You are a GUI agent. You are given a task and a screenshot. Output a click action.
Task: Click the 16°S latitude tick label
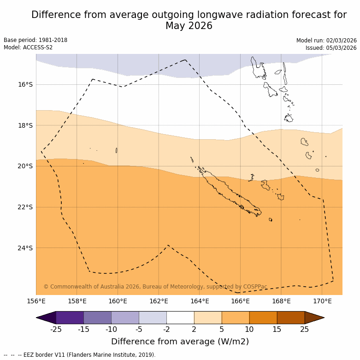click(25, 84)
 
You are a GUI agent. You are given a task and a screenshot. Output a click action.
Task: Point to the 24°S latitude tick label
click(25, 248)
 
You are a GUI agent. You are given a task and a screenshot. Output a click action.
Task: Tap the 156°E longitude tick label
click(36, 301)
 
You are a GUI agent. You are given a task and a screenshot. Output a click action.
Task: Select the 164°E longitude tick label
click(200, 301)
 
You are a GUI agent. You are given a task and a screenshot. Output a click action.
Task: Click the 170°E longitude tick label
click(322, 301)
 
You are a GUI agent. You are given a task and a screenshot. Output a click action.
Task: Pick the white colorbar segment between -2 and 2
click(180, 318)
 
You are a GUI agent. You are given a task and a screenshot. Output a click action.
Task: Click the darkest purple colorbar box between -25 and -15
click(70, 318)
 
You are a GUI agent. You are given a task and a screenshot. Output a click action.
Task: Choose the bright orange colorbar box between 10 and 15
click(263, 318)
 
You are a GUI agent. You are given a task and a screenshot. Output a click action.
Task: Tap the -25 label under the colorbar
click(56, 329)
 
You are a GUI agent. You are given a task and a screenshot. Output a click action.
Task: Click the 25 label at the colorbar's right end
click(305, 329)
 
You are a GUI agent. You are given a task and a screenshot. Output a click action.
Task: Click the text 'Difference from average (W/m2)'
click(180, 342)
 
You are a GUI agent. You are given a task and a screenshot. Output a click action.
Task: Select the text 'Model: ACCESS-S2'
click(28, 47)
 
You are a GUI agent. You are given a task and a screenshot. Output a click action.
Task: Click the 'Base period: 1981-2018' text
click(35, 40)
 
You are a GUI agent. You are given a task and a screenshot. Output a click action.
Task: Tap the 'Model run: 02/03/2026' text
click(326, 41)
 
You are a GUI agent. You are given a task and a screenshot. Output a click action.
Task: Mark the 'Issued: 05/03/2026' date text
click(331, 48)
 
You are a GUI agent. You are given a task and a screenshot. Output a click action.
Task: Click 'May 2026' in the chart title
click(189, 26)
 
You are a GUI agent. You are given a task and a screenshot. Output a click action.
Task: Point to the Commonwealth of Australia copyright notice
click(155, 287)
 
